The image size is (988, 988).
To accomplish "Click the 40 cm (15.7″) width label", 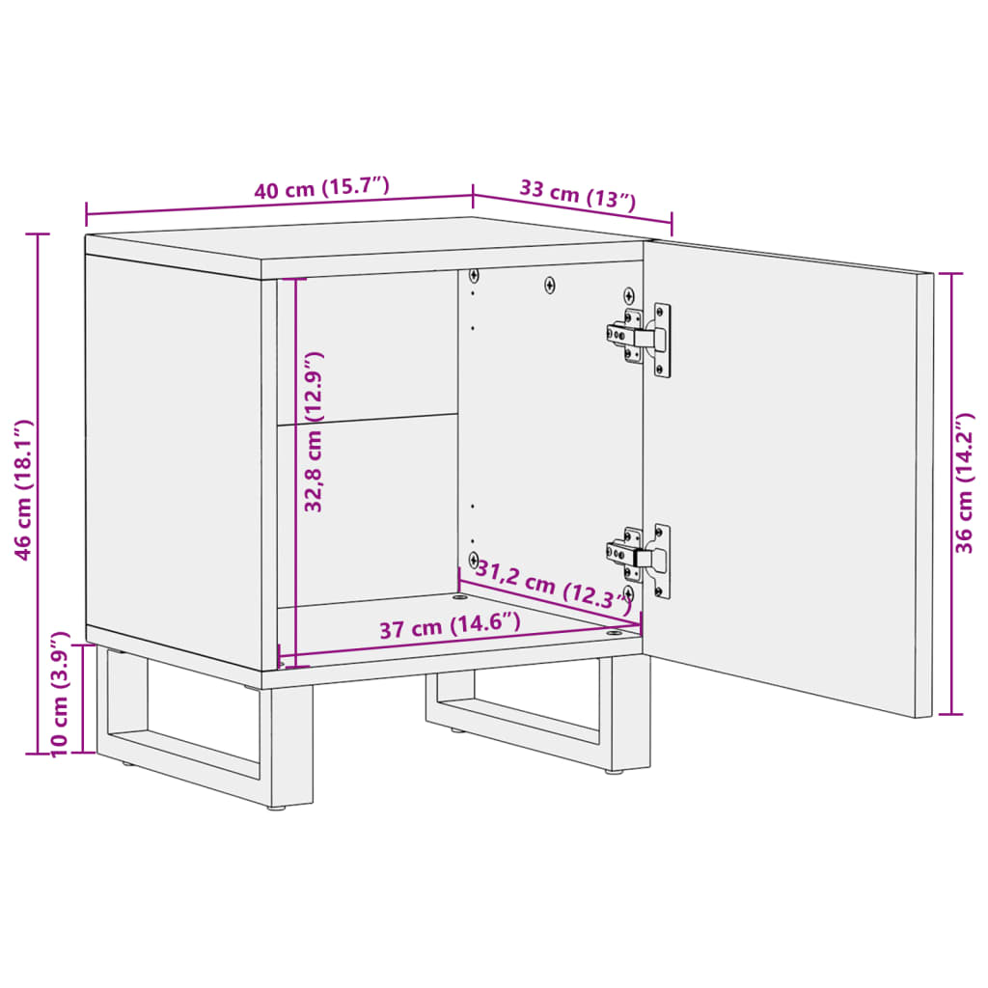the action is (322, 188).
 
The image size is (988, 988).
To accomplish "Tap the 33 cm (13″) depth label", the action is (578, 193).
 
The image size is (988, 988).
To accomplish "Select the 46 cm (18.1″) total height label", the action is (23, 489).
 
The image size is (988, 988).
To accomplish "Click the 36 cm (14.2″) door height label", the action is (964, 483).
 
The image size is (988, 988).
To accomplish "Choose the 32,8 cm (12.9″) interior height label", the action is (314, 431).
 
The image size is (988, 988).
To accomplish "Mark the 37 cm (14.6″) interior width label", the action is (450, 625).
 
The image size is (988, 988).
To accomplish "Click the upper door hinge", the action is (639, 339).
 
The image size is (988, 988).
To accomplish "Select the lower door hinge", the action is (639, 559).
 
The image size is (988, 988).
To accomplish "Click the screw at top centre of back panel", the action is (549, 286).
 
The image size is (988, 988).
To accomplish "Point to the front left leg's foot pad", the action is (277, 808).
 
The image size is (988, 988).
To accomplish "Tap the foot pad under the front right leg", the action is (615, 771).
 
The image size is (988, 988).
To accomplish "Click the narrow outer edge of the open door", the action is (924, 495).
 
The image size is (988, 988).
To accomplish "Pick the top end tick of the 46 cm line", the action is (38, 233).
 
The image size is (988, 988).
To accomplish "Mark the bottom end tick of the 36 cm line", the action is (950, 714).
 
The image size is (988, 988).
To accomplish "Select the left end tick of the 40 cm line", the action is (86, 215).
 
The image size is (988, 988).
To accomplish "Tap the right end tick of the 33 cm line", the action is (672, 224).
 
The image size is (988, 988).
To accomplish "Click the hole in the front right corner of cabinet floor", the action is (614, 632).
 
